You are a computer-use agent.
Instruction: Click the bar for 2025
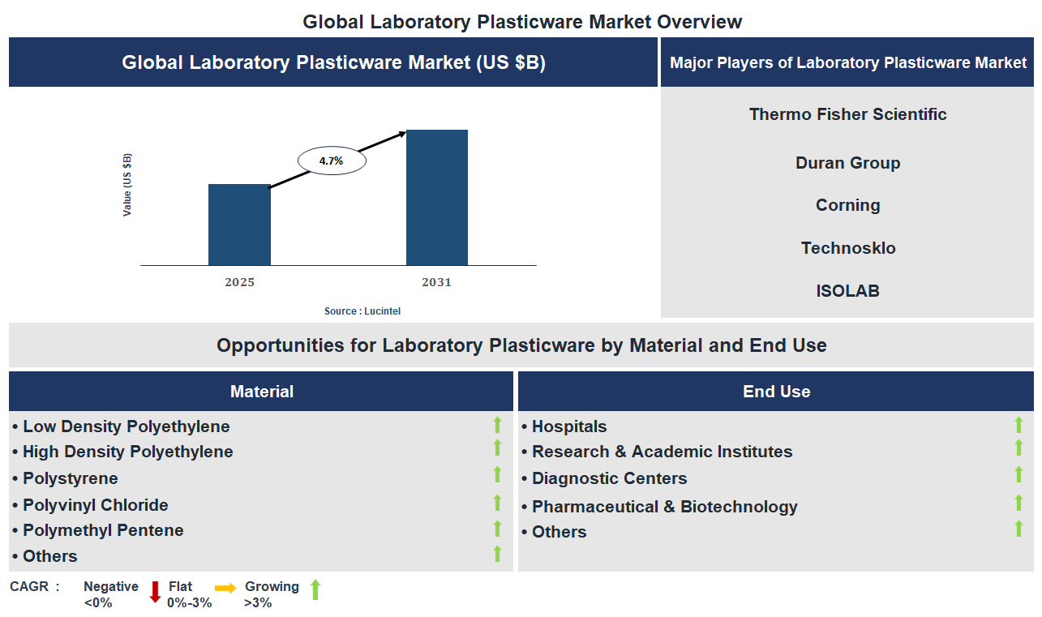tap(239, 225)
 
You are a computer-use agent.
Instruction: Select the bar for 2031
tap(436, 197)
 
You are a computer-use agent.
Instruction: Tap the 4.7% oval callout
tap(332, 161)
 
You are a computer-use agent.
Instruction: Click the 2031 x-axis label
tap(436, 282)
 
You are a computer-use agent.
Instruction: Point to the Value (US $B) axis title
tap(127, 184)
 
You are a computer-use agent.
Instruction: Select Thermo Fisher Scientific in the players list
tap(847, 114)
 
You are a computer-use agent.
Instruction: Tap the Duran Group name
tap(847, 163)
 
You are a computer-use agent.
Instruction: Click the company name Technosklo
tap(848, 248)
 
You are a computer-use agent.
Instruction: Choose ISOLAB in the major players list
tap(847, 290)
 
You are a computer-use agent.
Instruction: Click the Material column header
tap(261, 392)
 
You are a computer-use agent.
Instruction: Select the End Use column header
tap(776, 392)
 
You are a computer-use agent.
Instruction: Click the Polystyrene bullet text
tap(70, 478)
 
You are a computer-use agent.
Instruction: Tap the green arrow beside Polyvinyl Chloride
tap(498, 503)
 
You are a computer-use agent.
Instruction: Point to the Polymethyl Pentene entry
tap(103, 530)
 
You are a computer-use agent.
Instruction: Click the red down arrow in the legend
tap(155, 592)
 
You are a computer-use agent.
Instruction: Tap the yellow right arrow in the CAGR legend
tap(225, 587)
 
